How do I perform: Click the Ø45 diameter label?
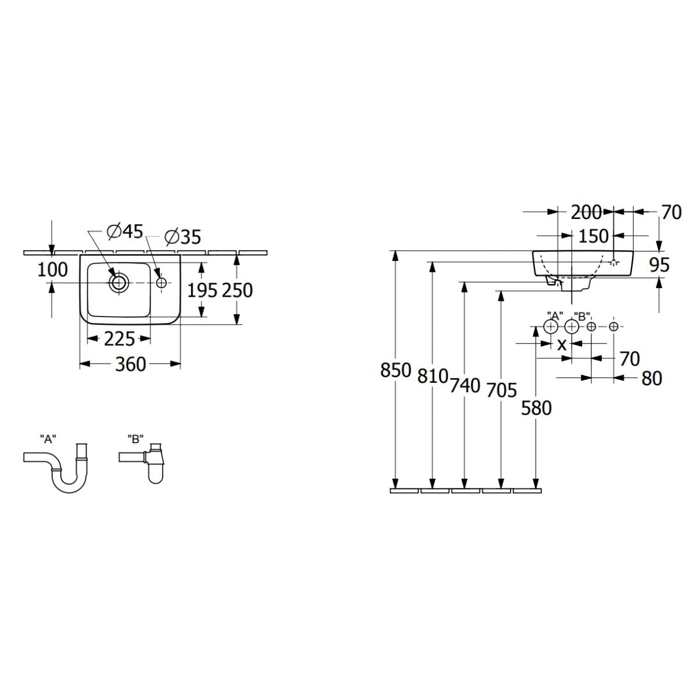(x=125, y=232)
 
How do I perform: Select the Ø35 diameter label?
(x=182, y=237)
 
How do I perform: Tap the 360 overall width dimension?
(x=130, y=364)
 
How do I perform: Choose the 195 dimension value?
(x=202, y=290)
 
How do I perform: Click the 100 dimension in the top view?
(x=53, y=270)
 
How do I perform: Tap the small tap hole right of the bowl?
(x=161, y=283)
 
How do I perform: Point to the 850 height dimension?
(x=396, y=370)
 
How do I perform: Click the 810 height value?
(x=432, y=376)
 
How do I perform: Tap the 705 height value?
(x=501, y=390)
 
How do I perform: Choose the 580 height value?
(x=536, y=408)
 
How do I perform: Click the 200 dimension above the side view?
(x=585, y=212)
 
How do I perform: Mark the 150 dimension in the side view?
(x=594, y=236)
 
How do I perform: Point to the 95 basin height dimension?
(x=659, y=265)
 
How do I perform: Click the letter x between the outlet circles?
(x=562, y=344)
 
